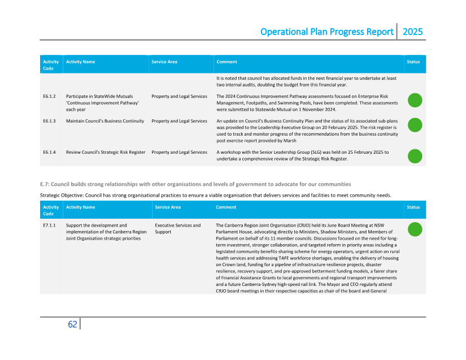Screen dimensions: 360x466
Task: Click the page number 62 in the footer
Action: click(x=72, y=324)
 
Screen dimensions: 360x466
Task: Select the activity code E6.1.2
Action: click(x=49, y=97)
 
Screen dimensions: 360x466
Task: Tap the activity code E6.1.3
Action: click(x=49, y=121)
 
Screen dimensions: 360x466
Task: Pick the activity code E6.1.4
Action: click(x=49, y=152)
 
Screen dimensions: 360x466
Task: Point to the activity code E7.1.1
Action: click(x=49, y=225)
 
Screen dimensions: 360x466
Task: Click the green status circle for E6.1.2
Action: click(x=415, y=100)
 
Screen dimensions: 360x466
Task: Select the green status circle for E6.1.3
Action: click(x=415, y=125)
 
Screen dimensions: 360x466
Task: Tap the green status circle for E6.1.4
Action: click(x=415, y=156)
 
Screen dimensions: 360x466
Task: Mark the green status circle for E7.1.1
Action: click(x=415, y=229)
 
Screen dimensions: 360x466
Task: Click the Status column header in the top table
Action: click(x=413, y=62)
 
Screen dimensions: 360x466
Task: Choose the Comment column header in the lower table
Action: click(x=226, y=207)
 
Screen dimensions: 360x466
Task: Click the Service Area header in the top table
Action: click(x=164, y=62)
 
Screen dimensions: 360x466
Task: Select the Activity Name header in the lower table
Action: click(x=80, y=207)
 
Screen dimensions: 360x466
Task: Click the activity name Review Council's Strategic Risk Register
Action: click(x=105, y=152)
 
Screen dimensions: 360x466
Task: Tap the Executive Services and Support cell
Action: click(x=177, y=229)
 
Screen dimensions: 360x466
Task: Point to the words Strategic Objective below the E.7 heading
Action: click(x=62, y=195)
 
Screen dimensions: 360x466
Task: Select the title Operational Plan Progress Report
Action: click(x=327, y=32)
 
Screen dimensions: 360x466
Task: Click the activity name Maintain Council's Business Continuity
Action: click(x=104, y=121)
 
